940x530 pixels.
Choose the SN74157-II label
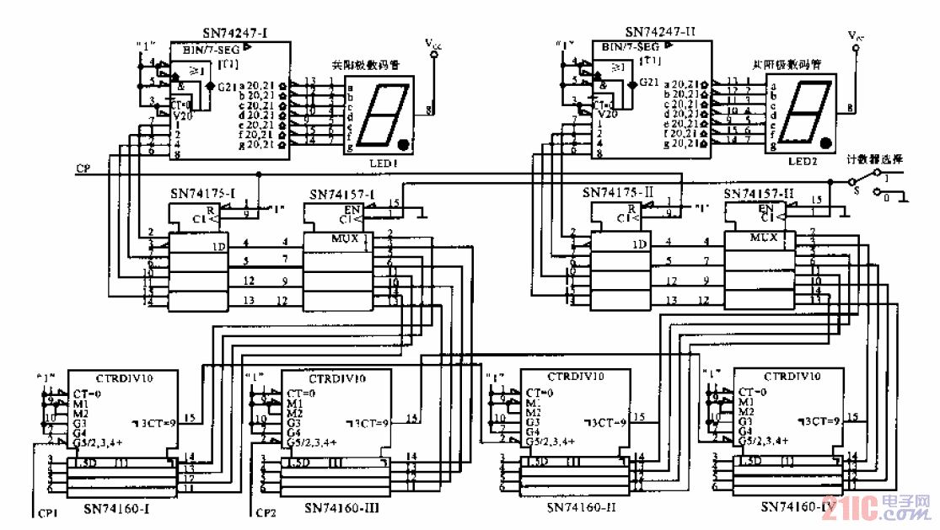760,193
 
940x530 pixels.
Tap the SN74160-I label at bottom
117,508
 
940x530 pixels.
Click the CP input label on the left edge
83,169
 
